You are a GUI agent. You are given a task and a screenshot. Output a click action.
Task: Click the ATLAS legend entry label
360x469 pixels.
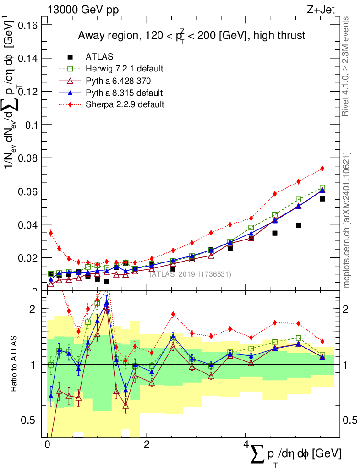click(99, 57)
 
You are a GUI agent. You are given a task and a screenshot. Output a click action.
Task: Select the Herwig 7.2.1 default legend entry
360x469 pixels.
click(124, 69)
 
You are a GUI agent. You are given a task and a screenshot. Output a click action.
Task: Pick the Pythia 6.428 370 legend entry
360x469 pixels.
click(118, 81)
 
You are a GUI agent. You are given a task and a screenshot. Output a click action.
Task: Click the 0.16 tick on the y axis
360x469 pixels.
click(27, 25)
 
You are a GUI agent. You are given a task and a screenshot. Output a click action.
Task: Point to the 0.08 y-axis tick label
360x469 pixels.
click(27, 158)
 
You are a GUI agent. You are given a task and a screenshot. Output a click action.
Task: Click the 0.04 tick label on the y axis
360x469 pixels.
click(27, 224)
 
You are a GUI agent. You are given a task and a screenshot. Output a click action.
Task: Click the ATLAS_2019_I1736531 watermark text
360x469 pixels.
click(190, 274)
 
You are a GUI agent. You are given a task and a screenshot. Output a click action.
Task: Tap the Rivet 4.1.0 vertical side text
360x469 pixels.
click(346, 66)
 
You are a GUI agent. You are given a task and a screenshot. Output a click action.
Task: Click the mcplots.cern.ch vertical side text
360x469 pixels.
click(347, 220)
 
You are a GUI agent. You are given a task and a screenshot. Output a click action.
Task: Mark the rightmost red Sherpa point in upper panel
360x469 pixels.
click(322, 169)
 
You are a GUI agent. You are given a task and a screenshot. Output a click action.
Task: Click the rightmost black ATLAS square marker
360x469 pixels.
click(322, 199)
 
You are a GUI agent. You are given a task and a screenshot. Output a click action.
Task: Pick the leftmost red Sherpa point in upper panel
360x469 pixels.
click(51, 233)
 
